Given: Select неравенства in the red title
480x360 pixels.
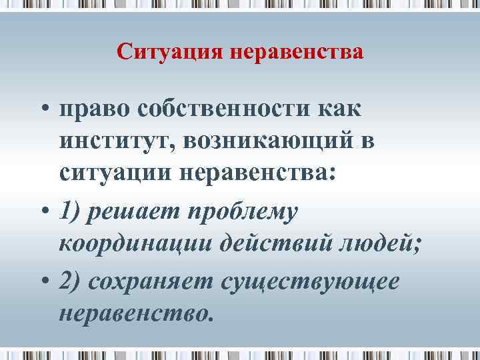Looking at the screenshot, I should [x=297, y=51].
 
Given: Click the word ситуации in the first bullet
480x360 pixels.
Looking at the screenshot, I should [x=114, y=174].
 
